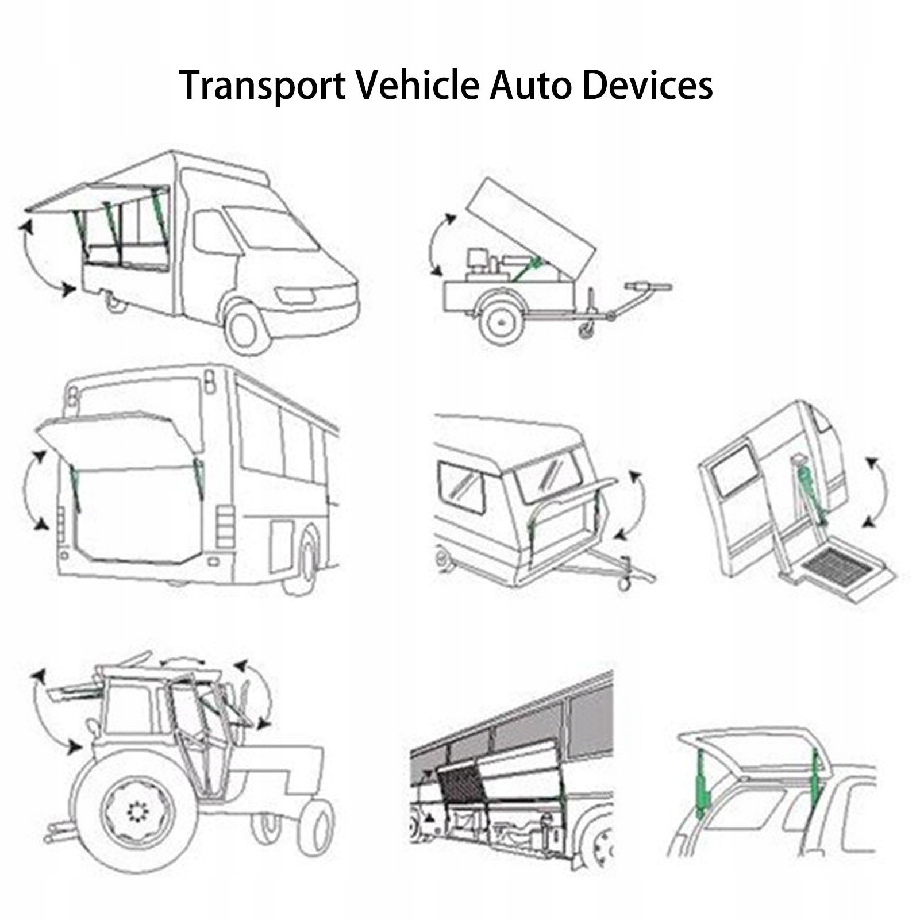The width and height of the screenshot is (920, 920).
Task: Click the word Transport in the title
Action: point(262,85)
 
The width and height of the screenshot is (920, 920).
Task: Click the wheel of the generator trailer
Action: point(502,322)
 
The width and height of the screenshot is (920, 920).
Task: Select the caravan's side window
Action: point(461,487)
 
